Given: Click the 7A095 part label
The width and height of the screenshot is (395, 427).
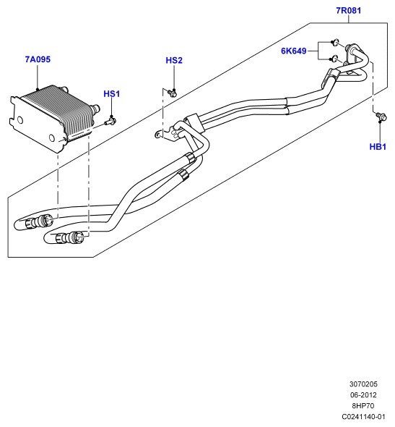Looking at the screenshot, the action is (x=38, y=59).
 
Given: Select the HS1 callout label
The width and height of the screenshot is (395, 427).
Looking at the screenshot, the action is (x=112, y=94).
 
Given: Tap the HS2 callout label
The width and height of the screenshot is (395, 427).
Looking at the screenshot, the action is (x=174, y=61).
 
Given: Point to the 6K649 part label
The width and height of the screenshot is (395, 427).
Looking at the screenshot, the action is (x=294, y=51).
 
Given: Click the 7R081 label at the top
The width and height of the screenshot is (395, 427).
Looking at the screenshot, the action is (x=349, y=11).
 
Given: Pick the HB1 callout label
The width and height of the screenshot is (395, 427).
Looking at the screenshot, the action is (x=378, y=147).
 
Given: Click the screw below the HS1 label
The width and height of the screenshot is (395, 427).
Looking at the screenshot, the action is (x=110, y=121).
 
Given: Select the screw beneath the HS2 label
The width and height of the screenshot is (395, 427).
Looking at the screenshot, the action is (x=172, y=93).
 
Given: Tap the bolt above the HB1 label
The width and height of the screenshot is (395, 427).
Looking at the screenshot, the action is (x=381, y=117).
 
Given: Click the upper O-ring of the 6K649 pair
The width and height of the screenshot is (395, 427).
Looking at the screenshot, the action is (x=336, y=42).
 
